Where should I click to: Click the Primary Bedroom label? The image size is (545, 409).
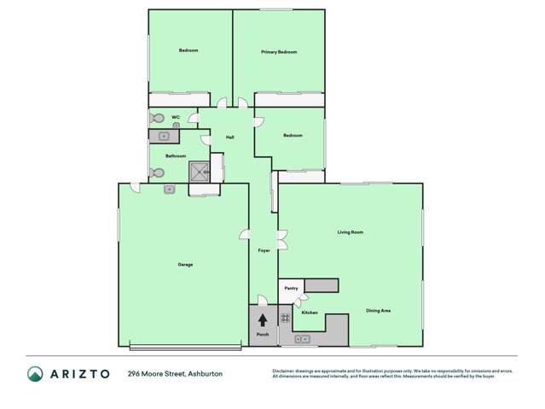[279, 52]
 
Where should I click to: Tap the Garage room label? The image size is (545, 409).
[185, 265]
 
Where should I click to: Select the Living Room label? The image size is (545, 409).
[350, 232]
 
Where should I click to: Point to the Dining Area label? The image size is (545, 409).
[378, 311]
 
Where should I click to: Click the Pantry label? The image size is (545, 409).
[290, 289]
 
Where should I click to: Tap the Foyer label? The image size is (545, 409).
[264, 250]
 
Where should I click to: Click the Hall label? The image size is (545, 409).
[229, 137]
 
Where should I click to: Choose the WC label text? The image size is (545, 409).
[176, 117]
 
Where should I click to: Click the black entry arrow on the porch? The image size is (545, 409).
[263, 320]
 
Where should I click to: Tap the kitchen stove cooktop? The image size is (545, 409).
[286, 318]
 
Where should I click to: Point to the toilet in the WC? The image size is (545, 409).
[157, 119]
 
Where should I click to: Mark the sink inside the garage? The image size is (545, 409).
[170, 189]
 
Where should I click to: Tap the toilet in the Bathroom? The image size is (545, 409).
[157, 172]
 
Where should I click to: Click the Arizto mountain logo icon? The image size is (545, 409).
[35, 374]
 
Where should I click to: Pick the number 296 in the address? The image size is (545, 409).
[134, 374]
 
